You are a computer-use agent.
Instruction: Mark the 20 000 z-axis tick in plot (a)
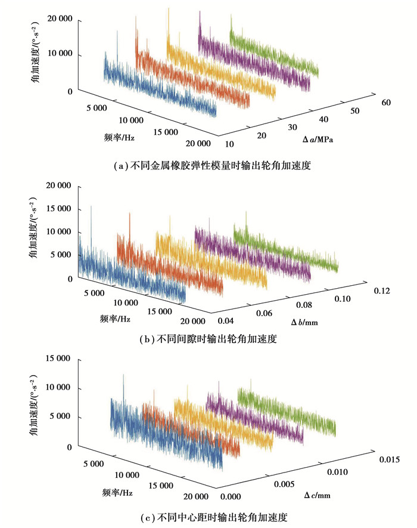click(x=58, y=19)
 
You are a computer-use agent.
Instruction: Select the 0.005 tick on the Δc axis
click(x=284, y=484)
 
